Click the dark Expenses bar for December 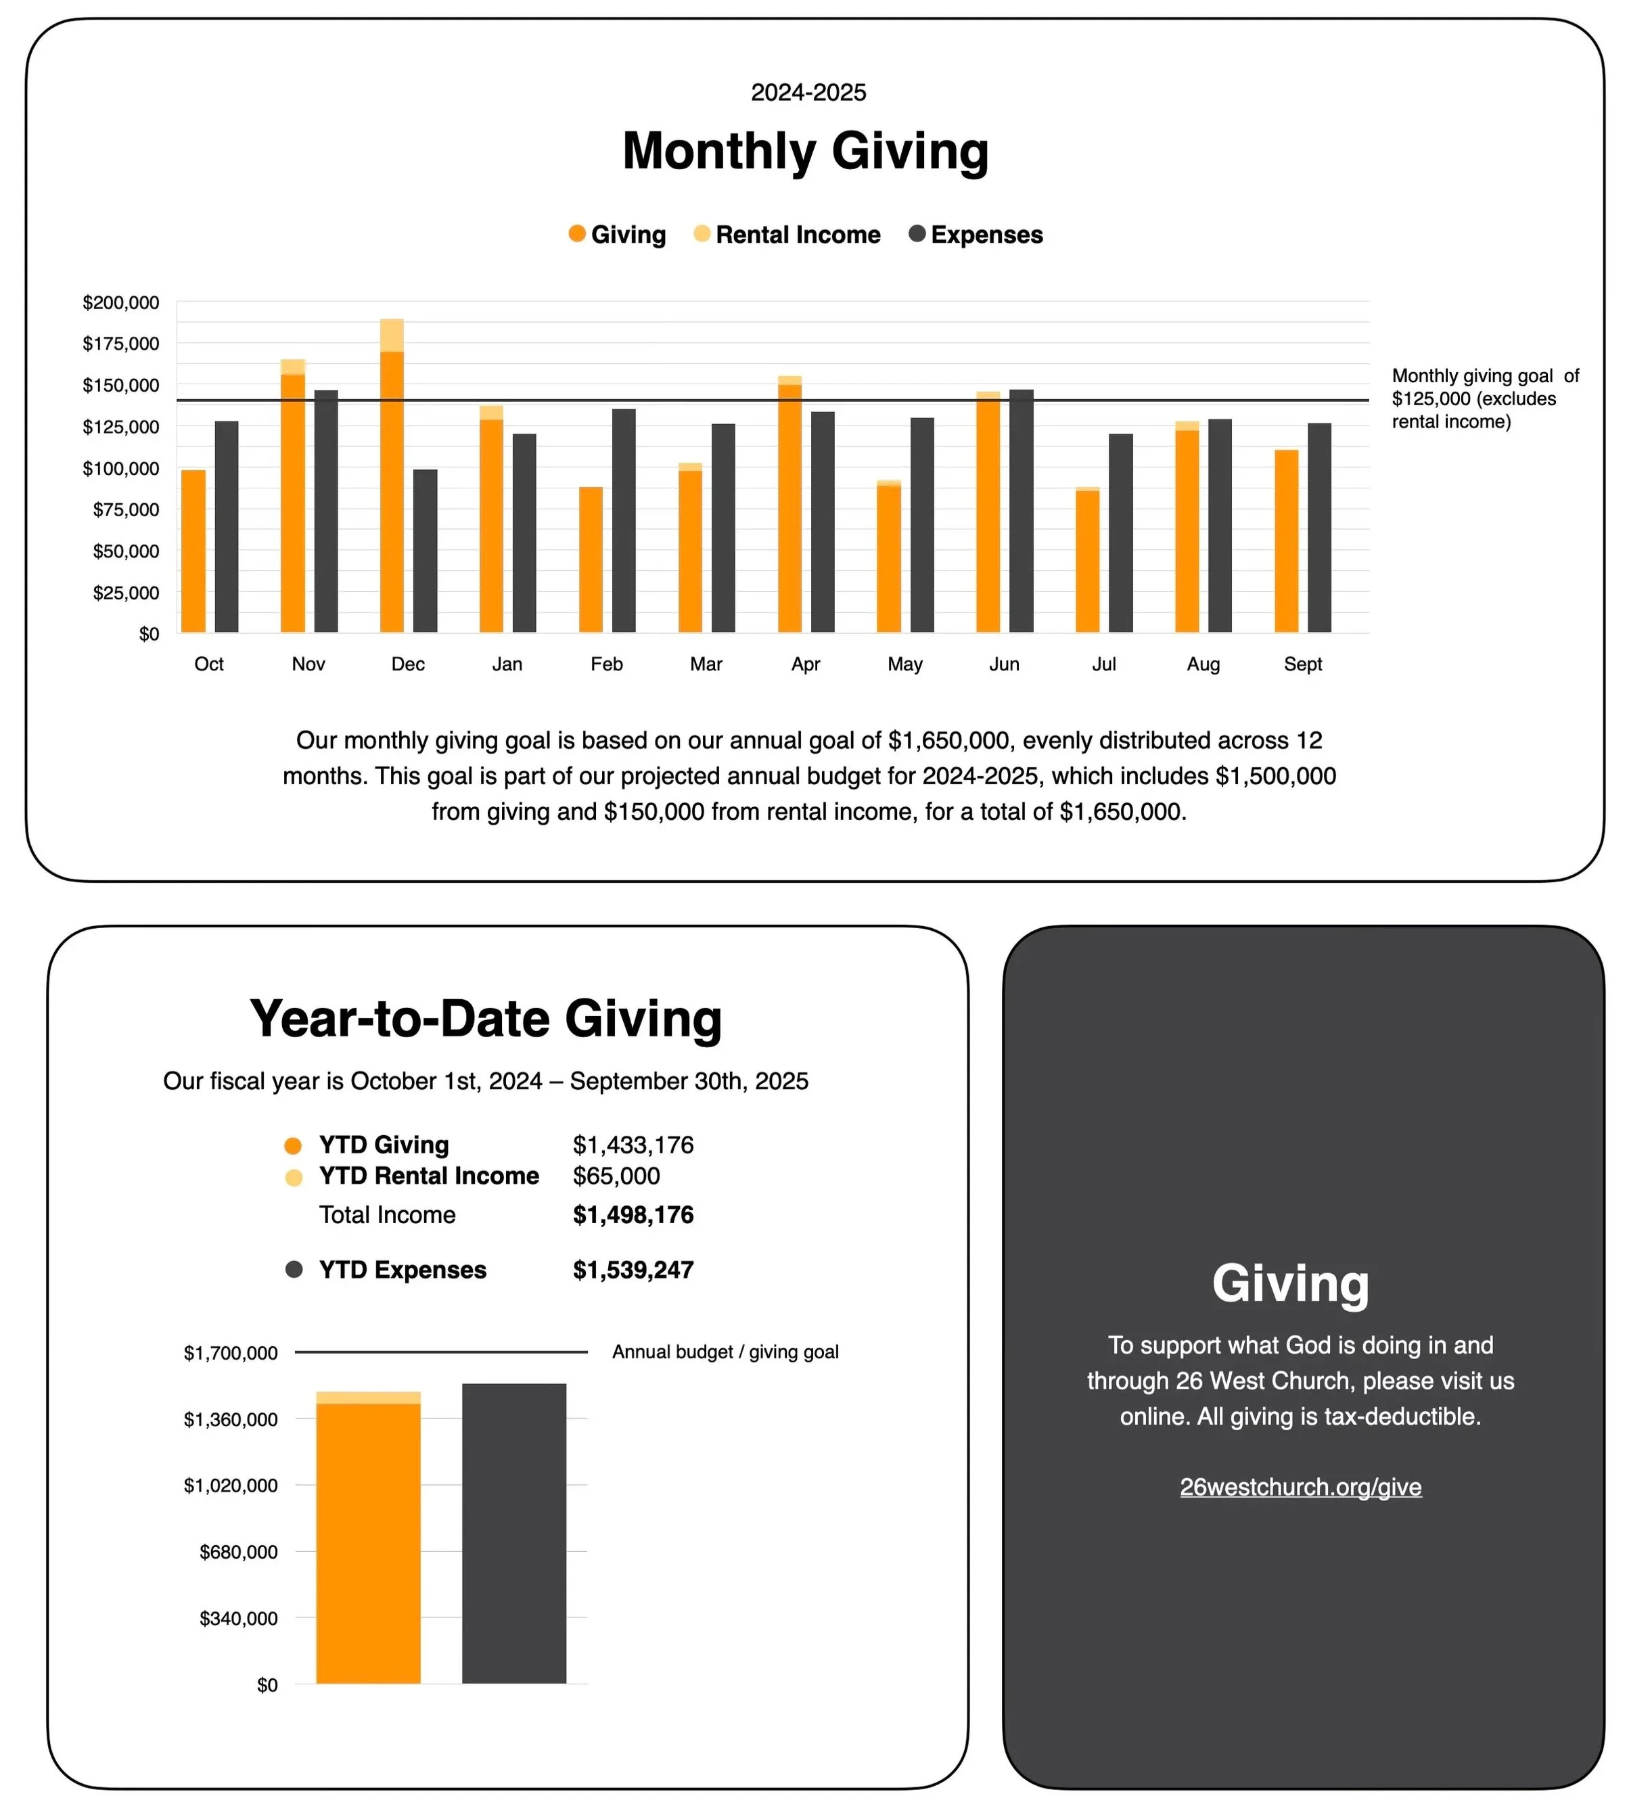(426, 551)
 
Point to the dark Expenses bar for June (1021, 511)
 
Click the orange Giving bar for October (193, 551)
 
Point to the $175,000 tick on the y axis (120, 344)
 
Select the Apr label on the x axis (806, 664)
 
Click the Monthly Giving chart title (806, 151)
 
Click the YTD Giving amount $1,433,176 (633, 1145)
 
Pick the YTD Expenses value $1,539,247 (633, 1270)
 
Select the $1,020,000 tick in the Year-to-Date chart (231, 1486)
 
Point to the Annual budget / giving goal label (725, 1352)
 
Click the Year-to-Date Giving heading (486, 1019)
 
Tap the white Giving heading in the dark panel (1290, 1285)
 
